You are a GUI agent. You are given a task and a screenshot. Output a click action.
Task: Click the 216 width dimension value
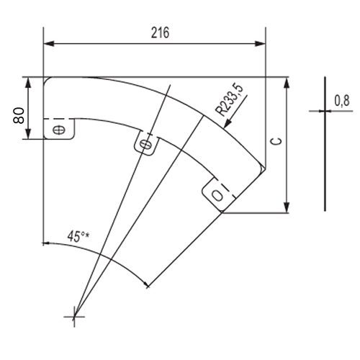tap(160, 32)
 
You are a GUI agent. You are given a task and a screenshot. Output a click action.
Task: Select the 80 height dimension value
tap(19, 116)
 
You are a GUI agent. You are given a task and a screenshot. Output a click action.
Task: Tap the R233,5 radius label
tap(229, 100)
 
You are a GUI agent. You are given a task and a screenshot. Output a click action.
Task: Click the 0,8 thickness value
tap(342, 101)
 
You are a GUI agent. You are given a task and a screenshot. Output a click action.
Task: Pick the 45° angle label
tap(75, 236)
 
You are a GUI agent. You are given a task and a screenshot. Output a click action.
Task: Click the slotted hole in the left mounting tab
tap(59, 130)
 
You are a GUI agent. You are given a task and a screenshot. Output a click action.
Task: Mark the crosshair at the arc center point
tap(74, 317)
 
